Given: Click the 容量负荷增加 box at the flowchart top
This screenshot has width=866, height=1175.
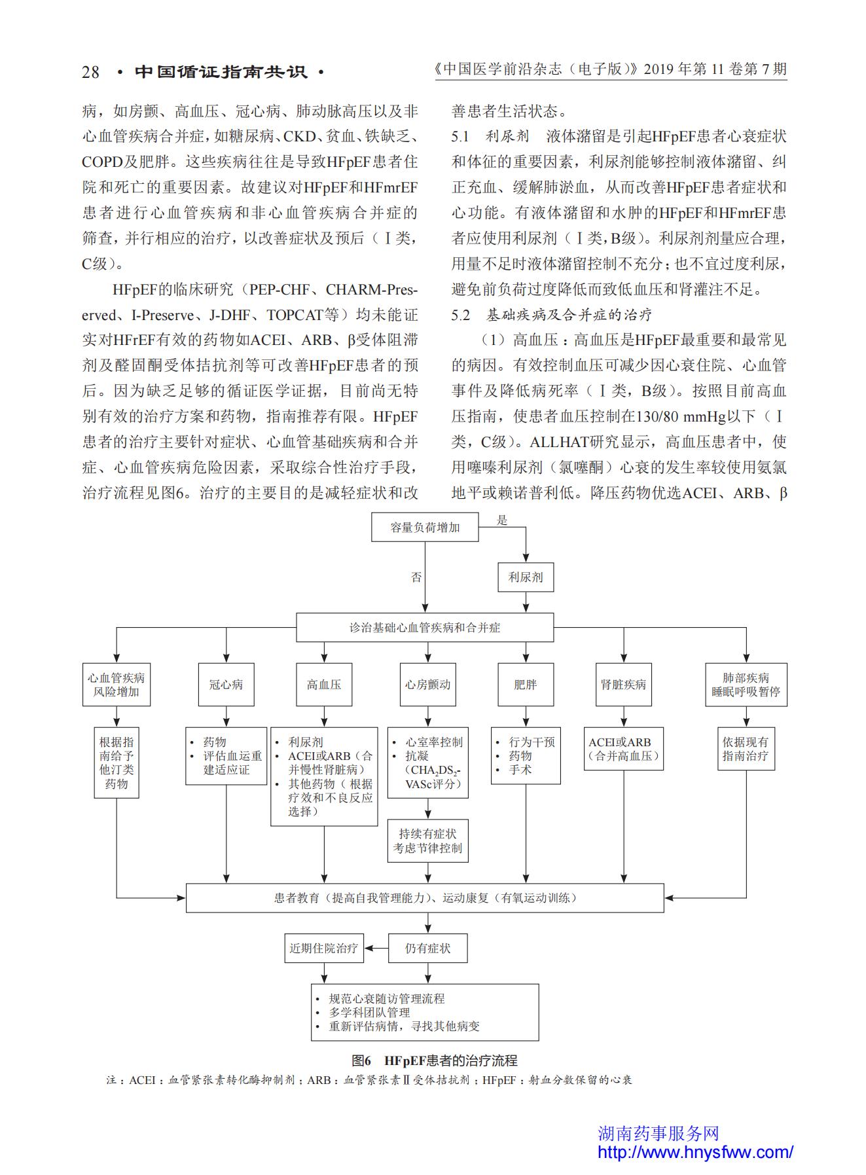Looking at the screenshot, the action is pyautogui.click(x=425, y=527).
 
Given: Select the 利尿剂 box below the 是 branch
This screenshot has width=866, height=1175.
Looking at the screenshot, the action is pyautogui.click(x=526, y=577).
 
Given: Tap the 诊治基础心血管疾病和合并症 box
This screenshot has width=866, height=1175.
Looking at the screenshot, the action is pyautogui.click(x=425, y=627).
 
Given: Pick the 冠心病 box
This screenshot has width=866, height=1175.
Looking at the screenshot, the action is pyautogui.click(x=226, y=685).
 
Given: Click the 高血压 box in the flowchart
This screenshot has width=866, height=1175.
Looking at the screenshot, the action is pyautogui.click(x=324, y=685).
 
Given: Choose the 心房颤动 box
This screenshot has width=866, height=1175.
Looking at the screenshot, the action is pyautogui.click(x=428, y=685).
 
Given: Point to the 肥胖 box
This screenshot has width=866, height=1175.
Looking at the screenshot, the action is pyautogui.click(x=526, y=685).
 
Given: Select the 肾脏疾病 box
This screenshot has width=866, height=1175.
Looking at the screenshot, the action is pyautogui.click(x=624, y=685).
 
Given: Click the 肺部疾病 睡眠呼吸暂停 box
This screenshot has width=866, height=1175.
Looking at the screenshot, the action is pyautogui.click(x=746, y=685).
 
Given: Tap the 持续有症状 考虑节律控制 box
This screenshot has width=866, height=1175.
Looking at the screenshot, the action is pyautogui.click(x=428, y=841).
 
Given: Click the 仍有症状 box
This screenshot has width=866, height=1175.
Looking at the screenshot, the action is pyautogui.click(x=428, y=948).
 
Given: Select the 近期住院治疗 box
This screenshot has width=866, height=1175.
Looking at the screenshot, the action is pyautogui.click(x=324, y=948).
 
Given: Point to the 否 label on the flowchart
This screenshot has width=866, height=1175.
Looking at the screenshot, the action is pyautogui.click(x=416, y=577).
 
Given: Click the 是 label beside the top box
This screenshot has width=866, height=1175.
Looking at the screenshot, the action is pyautogui.click(x=502, y=520).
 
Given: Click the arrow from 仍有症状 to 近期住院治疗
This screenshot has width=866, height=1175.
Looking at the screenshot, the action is pyautogui.click(x=376, y=948).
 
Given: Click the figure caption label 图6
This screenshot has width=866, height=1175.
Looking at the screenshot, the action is pyautogui.click(x=361, y=1060).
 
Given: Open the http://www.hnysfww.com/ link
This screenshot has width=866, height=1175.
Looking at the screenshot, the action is pyautogui.click(x=695, y=1152).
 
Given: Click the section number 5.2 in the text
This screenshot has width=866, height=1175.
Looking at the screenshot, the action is pyautogui.click(x=461, y=315).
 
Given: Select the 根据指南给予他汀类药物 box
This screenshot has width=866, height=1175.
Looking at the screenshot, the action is pyautogui.click(x=117, y=763).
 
